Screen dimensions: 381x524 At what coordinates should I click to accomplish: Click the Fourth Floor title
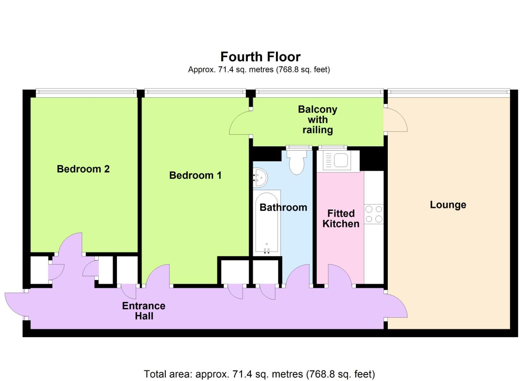pos(260,57)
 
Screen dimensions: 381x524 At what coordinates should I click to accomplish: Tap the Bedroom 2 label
pos(83,169)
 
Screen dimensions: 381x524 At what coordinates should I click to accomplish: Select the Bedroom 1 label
pos(195,175)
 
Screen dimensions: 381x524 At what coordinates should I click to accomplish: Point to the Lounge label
pos(448,205)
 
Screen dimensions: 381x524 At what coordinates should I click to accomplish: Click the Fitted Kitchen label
pos(341,218)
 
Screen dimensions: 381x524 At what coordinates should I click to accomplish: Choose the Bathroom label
pos(283,207)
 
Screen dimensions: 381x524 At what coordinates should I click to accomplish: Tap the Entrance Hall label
pos(144,311)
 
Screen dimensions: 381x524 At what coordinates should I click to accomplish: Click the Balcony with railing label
pos(318,120)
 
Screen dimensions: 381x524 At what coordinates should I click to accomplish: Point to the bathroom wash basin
pos(260,177)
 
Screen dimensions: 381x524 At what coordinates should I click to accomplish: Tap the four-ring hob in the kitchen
pos(374,214)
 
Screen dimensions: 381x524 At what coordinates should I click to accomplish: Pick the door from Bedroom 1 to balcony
pos(240,123)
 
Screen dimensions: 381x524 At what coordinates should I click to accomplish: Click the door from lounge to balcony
pos(395,120)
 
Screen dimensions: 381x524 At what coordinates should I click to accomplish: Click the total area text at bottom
pos(259,374)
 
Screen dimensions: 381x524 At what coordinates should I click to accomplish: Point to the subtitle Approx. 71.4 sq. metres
pos(259,69)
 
